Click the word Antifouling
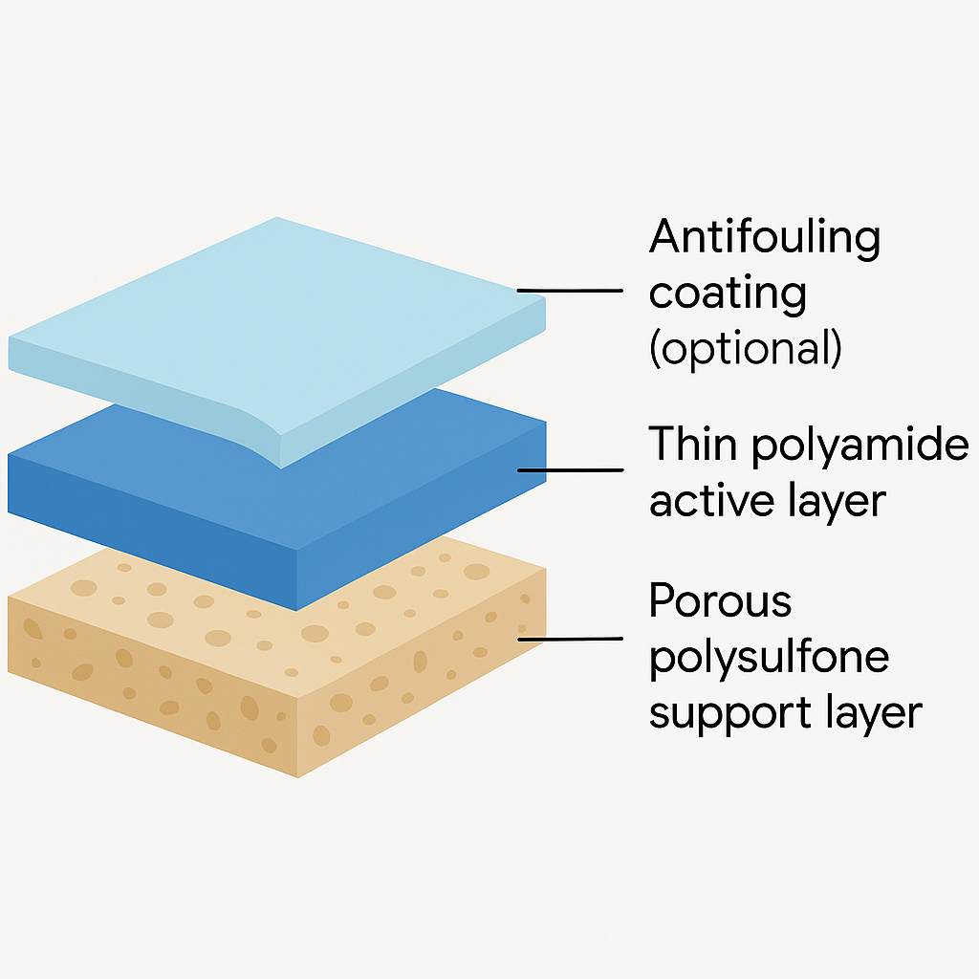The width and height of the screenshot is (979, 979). click(x=764, y=236)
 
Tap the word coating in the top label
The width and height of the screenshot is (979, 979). click(x=728, y=294)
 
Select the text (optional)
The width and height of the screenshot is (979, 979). click(x=746, y=351)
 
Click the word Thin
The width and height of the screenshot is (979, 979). click(x=692, y=445)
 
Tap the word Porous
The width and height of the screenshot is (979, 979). click(x=721, y=602)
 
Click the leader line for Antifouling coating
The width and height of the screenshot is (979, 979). click(x=569, y=290)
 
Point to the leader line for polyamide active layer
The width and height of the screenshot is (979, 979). click(x=569, y=469)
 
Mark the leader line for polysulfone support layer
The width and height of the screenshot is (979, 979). click(x=569, y=638)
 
